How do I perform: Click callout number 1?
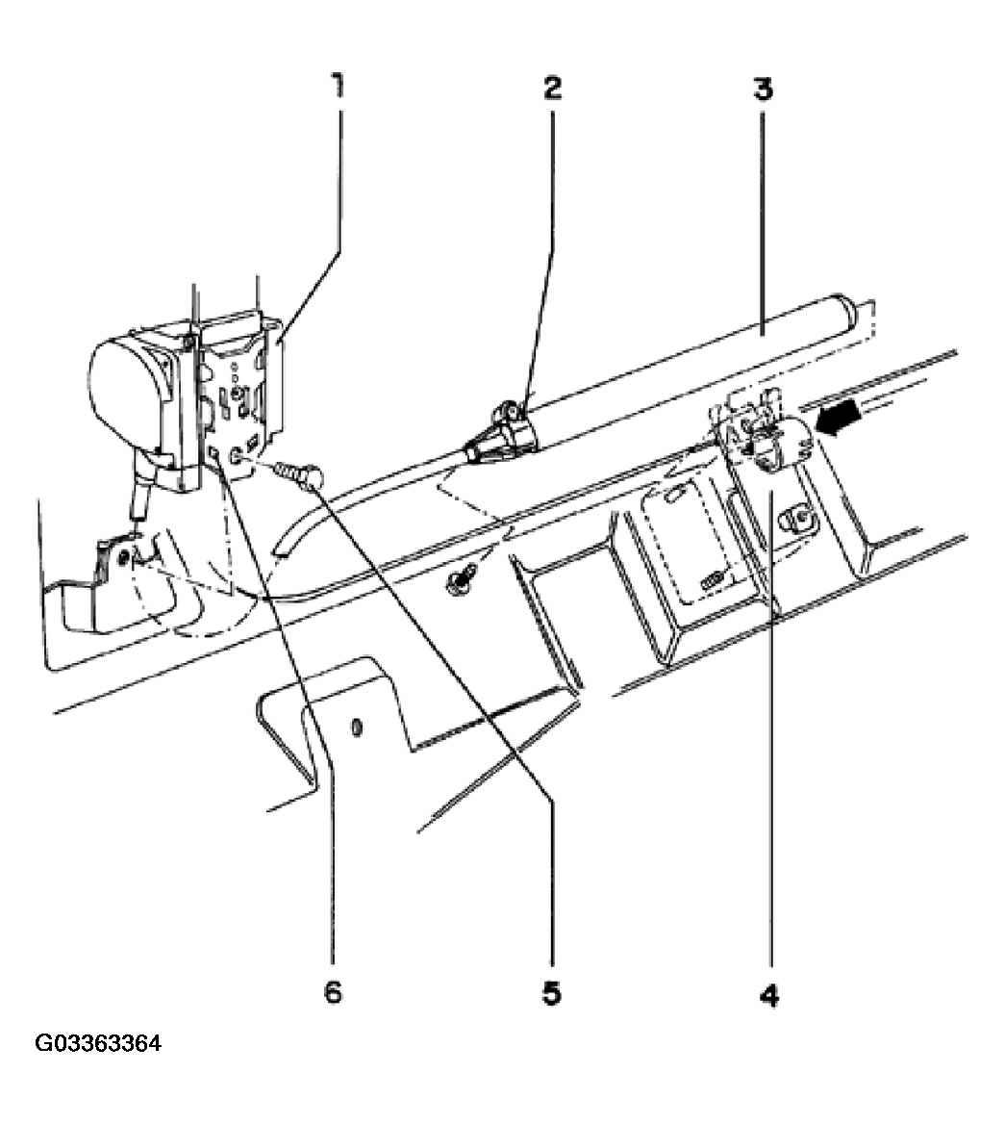[337, 87]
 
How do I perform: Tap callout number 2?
[552, 88]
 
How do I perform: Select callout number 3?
[763, 89]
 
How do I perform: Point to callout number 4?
[767, 996]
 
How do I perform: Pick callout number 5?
[552, 993]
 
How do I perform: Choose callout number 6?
[333, 992]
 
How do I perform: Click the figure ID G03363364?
[97, 1043]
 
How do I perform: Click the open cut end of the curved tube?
[282, 545]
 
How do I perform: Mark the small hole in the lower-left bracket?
[126, 557]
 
